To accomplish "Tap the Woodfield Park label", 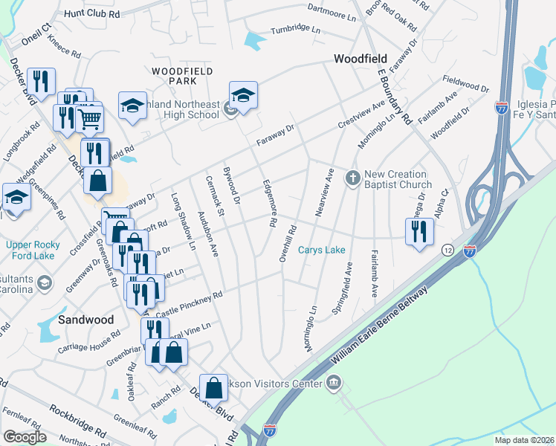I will tap(183, 75).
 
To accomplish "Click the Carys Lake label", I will tap(322, 251).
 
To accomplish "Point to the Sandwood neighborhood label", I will tap(86, 320).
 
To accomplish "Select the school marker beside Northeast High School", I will tap(243, 94).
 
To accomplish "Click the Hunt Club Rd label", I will tap(92, 13).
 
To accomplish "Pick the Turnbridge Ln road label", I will tap(295, 29).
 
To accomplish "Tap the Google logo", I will tap(25, 436).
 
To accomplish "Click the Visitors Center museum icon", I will tap(334, 384).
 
